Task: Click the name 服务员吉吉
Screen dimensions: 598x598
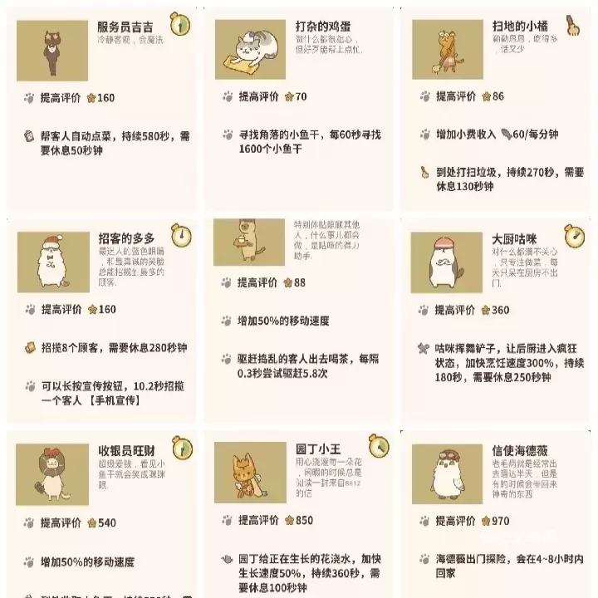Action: click(125, 26)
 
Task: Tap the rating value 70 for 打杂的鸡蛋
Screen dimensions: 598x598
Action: click(300, 96)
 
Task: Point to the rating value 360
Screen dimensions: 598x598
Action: click(500, 310)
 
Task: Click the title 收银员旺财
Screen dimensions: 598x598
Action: click(126, 451)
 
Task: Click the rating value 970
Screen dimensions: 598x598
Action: click(500, 521)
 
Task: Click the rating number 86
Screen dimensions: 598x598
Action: click(498, 96)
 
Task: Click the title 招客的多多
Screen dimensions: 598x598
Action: click(126, 238)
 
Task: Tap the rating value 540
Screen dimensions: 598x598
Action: click(106, 522)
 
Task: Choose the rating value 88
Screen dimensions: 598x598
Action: click(299, 282)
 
